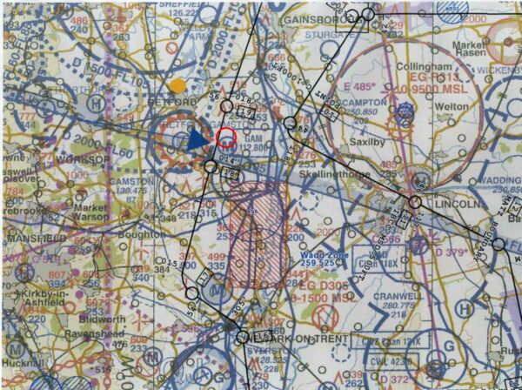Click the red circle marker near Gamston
click(x=226, y=137)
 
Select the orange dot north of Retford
click(x=178, y=85)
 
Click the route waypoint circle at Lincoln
click(x=415, y=201)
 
